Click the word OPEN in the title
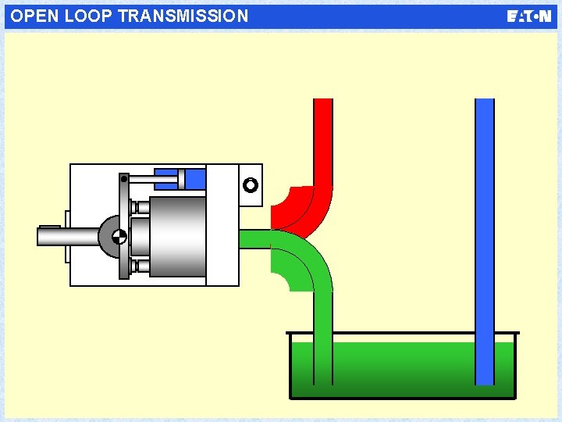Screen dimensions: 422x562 pyautogui.click(x=33, y=16)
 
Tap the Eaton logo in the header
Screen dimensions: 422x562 pyautogui.click(x=528, y=16)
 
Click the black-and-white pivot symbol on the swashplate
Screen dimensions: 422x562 pyautogui.click(x=119, y=236)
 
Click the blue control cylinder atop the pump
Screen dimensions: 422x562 pyautogui.click(x=192, y=179)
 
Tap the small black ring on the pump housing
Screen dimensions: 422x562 pyautogui.click(x=250, y=186)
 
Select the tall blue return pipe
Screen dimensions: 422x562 pyautogui.click(x=485, y=234)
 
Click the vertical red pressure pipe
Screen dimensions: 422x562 pyautogui.click(x=322, y=141)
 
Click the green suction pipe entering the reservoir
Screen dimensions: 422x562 pyautogui.click(x=322, y=336)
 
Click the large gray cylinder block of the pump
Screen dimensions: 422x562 pyautogui.click(x=177, y=236)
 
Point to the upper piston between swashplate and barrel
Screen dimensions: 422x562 pyautogui.click(x=140, y=207)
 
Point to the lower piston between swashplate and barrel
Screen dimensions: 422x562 pyautogui.click(x=140, y=266)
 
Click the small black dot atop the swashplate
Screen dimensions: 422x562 pyautogui.click(x=123, y=179)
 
